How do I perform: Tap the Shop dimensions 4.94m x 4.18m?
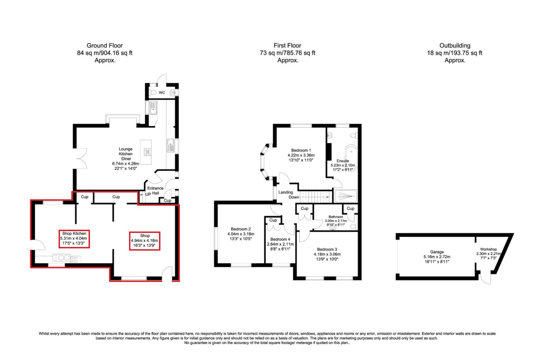(145, 241)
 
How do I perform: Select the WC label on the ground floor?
(161, 93)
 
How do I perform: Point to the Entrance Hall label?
(155, 191)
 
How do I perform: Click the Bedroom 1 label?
(301, 150)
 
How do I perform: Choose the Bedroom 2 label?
(240, 229)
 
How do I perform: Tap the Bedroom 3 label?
(327, 249)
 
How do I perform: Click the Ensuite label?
(343, 161)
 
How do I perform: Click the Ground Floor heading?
(104, 45)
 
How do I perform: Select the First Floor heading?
(287, 45)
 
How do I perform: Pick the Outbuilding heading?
(454, 45)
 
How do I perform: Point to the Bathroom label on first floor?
(336, 217)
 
